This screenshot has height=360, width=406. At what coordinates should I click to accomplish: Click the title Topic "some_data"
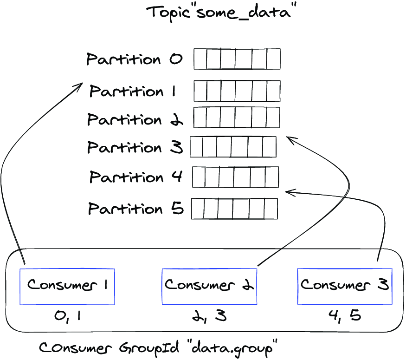(221, 12)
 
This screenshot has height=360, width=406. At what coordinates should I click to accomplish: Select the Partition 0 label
(135, 59)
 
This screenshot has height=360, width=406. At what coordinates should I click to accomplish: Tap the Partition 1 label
(133, 91)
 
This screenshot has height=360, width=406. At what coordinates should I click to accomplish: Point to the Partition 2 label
(135, 119)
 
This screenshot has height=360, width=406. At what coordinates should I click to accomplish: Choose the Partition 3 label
(135, 147)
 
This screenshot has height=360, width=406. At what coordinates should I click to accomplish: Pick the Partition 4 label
(136, 177)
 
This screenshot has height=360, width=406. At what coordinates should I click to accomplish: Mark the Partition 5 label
(136, 209)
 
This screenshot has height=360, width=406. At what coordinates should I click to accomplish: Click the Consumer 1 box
(67, 287)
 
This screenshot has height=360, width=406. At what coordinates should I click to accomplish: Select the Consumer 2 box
(209, 287)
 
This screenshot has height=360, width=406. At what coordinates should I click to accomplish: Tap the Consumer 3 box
(345, 287)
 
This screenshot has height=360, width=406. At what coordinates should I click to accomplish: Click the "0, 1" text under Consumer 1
(68, 317)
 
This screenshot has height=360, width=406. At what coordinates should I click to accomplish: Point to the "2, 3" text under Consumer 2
(209, 316)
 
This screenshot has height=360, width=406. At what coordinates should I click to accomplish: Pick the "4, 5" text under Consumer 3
(345, 316)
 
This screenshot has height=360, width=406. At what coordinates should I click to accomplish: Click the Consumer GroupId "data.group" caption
(158, 348)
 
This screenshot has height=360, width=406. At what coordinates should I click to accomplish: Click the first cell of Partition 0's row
(200, 59)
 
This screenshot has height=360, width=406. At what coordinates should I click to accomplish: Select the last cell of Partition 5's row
(271, 209)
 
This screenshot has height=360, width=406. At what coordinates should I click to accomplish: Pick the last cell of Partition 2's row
(273, 118)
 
